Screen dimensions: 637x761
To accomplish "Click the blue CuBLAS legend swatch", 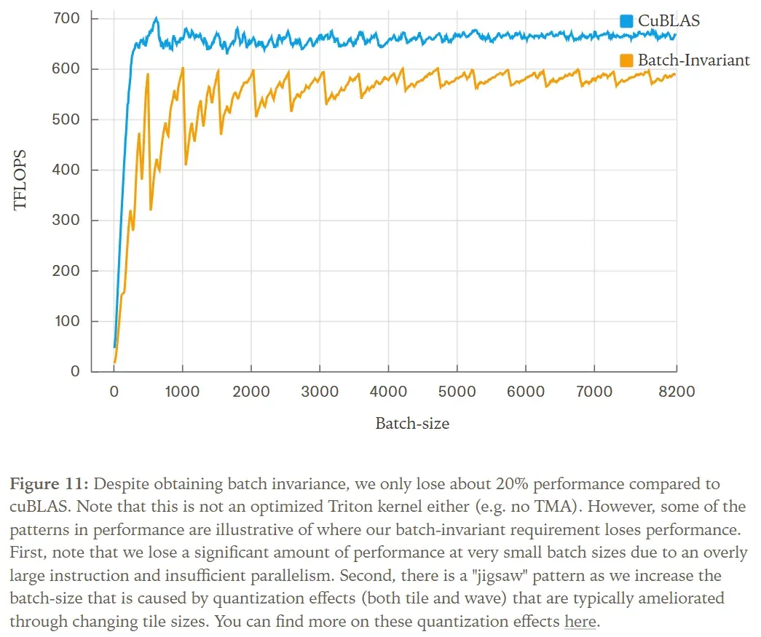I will click(626, 21).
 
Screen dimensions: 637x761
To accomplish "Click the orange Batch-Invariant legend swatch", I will click(626, 60).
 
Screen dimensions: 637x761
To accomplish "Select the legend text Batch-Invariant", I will click(693, 60).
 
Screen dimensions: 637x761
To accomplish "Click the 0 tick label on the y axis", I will click(75, 371).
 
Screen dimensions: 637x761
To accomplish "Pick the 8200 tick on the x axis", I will click(676, 392).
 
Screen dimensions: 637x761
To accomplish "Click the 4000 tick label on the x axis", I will click(389, 392).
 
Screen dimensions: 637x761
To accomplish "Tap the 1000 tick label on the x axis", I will click(182, 392).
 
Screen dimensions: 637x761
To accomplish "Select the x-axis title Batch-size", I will click(412, 423).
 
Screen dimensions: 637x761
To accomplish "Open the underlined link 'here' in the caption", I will click(580, 622).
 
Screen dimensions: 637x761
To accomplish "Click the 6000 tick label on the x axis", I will click(526, 392).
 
